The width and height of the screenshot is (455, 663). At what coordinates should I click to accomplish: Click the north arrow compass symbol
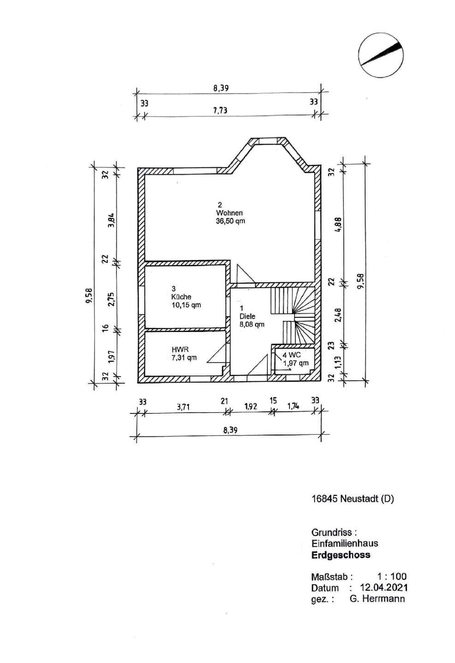[381, 55]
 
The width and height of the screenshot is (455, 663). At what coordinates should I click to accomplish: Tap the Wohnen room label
[230, 213]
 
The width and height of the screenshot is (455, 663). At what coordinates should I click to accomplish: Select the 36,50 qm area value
[230, 221]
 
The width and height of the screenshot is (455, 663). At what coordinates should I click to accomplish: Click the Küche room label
[181, 297]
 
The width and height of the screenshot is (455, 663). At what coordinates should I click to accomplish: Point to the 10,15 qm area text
[186, 305]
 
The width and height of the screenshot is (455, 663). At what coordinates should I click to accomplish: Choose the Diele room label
[247, 316]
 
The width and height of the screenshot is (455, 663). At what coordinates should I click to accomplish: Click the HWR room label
[180, 349]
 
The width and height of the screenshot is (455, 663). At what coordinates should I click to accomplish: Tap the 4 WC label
[291, 355]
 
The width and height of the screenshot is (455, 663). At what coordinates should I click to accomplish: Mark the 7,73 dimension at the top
[220, 110]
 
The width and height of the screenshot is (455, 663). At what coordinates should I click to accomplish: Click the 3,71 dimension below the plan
[183, 407]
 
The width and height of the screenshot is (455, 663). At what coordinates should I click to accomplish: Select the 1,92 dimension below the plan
[250, 407]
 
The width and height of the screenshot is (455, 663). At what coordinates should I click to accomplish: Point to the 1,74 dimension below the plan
[293, 406]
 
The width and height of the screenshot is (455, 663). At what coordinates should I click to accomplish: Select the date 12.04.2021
[384, 587]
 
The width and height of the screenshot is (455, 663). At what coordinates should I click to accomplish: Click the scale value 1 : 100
[391, 576]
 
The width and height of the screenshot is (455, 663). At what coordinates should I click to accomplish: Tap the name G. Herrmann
[377, 599]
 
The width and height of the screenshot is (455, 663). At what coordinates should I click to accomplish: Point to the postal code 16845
[325, 499]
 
